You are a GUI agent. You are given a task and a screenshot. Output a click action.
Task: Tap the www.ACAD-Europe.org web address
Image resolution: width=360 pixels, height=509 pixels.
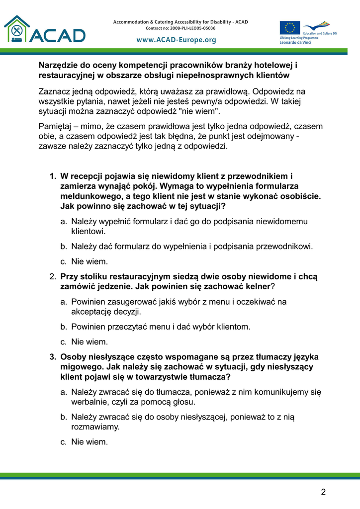point(177,40)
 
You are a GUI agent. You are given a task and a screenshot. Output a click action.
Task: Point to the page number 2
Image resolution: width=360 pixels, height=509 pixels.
point(323,492)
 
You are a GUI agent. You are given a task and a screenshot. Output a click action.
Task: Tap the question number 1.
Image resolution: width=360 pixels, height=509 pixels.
point(52,176)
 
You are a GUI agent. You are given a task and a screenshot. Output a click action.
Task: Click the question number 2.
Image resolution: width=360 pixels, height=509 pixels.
point(52,276)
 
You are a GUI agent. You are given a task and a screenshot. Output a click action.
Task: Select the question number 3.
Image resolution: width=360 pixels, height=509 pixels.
point(52,357)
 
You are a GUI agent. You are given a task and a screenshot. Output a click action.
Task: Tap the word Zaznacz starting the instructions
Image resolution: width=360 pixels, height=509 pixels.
point(55,91)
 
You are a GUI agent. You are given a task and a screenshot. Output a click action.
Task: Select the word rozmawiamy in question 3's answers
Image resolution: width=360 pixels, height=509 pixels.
point(95,426)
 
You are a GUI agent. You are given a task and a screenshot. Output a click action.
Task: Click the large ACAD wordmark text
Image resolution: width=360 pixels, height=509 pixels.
point(58,35)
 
